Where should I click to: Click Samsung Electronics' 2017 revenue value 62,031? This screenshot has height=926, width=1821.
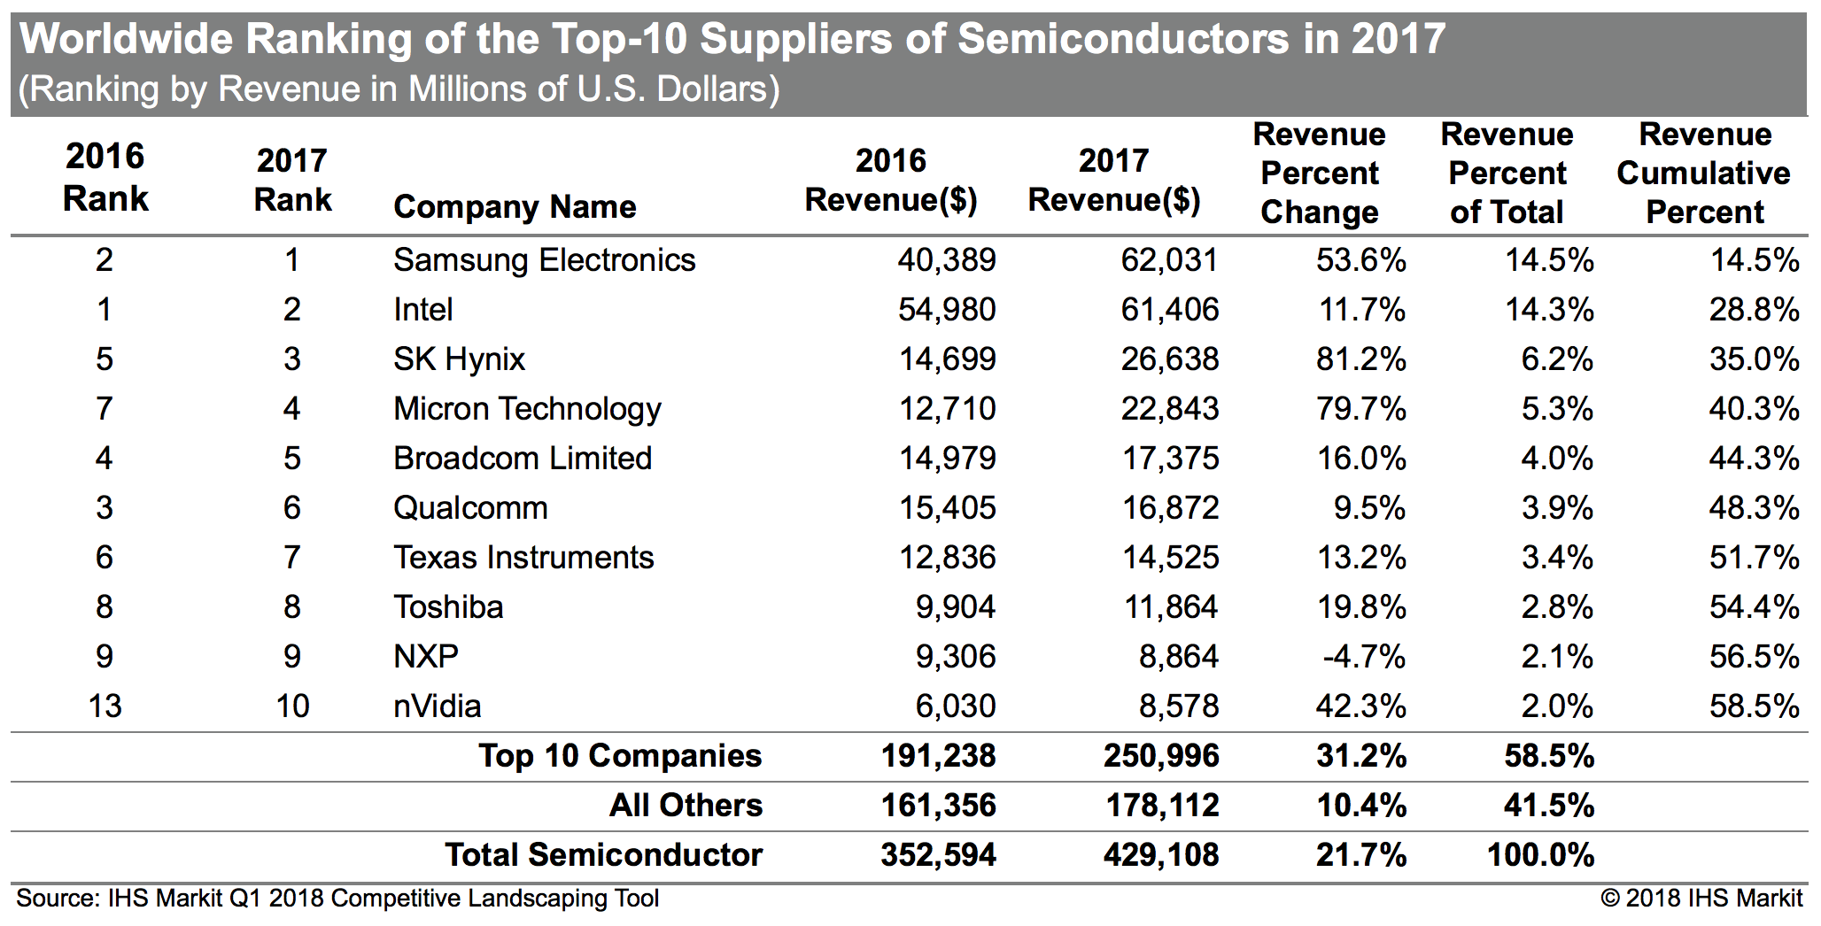[1169, 260]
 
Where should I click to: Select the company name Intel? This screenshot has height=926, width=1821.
[423, 310]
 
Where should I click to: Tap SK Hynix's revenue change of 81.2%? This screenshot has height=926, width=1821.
[1360, 359]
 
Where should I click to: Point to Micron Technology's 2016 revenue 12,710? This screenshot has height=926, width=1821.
[947, 409]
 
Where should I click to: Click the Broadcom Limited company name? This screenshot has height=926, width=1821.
[523, 459]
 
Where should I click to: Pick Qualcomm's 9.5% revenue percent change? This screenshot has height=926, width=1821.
[1369, 508]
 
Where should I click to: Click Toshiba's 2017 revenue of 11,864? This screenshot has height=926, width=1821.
[1171, 607]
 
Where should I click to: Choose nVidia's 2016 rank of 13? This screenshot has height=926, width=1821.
[105, 706]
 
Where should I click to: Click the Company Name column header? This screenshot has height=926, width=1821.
[515, 207]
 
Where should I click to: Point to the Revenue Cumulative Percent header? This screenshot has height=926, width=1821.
[1704, 174]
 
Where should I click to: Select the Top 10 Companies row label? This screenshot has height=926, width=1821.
[620, 756]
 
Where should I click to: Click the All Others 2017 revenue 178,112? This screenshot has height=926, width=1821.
[1162, 806]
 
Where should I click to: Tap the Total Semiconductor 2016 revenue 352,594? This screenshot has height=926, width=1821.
[938, 855]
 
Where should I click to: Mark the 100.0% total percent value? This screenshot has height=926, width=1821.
[1540, 855]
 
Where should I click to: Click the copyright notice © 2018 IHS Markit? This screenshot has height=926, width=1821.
[1701, 899]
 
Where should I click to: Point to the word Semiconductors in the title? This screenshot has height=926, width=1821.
[1123, 39]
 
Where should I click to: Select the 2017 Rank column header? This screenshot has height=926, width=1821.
[292, 180]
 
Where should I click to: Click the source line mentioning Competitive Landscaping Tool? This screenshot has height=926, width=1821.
[337, 899]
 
